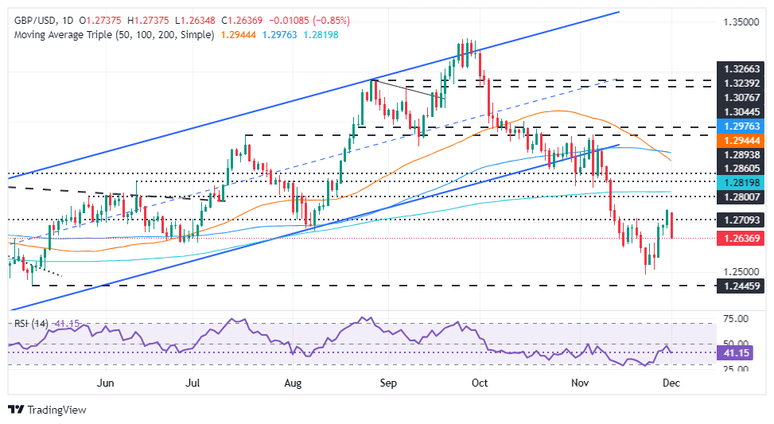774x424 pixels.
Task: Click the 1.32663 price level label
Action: [x=737, y=69]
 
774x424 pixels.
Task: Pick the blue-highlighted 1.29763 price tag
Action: [x=737, y=126]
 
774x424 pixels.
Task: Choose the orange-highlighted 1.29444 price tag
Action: [x=737, y=139]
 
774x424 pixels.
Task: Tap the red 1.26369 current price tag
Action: [x=737, y=238]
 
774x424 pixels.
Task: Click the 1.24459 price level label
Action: [x=737, y=284]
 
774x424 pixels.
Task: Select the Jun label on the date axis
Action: [x=105, y=382]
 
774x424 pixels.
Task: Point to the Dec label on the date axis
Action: [x=670, y=382]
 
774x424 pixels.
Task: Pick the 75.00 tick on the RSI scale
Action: [x=733, y=319]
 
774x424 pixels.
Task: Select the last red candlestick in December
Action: [x=672, y=225]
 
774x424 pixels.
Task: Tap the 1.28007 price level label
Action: [x=737, y=196]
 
